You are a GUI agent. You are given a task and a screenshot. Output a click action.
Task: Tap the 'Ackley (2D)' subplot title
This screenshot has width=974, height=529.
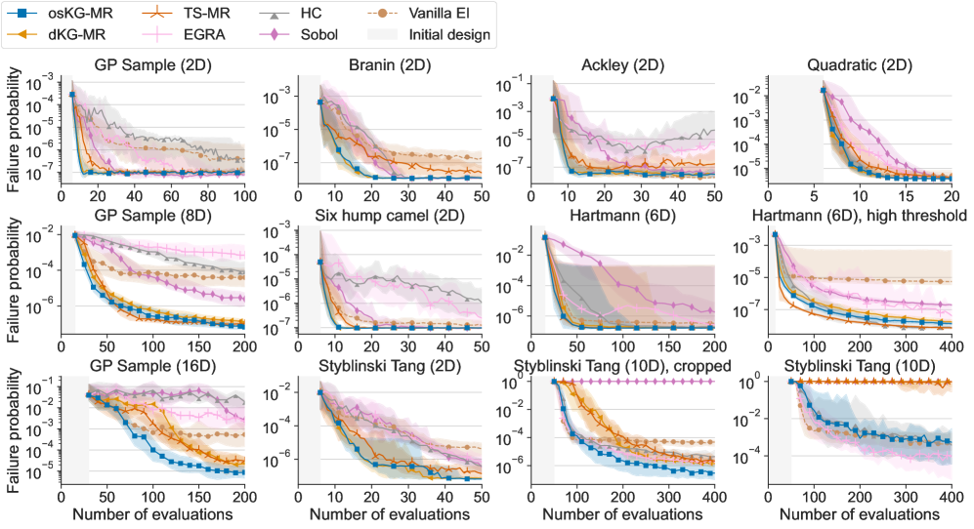pos(622,65)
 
